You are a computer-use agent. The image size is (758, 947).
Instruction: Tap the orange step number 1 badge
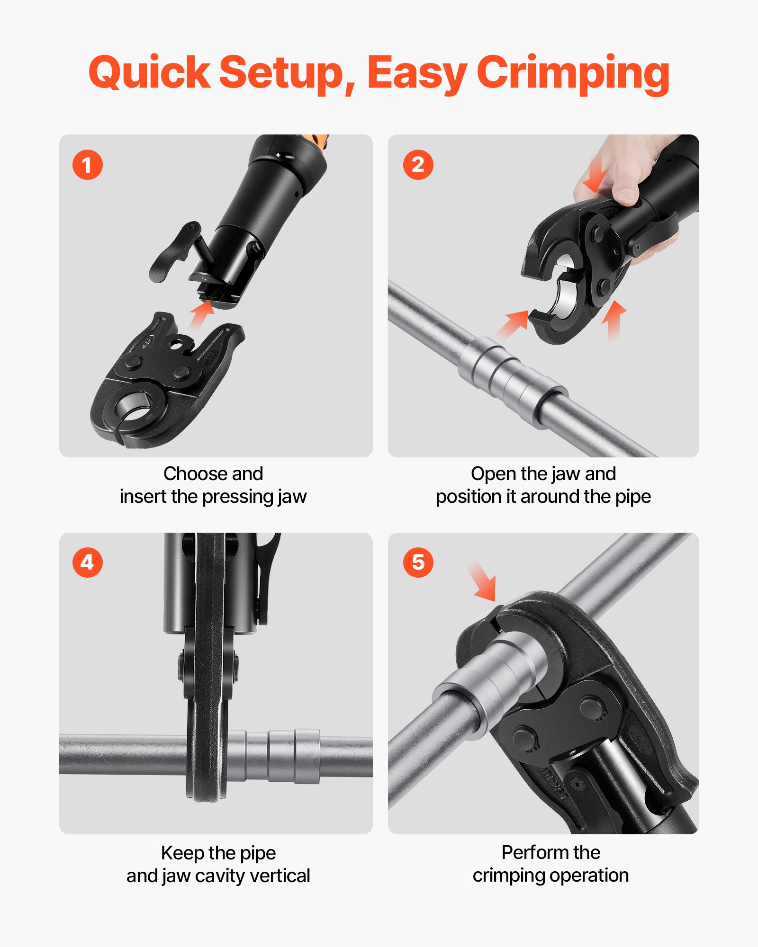point(87,165)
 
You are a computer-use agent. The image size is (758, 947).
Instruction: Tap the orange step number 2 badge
point(418,165)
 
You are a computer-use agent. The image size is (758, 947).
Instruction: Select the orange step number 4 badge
point(87,563)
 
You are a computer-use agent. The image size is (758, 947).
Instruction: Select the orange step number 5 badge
point(418,563)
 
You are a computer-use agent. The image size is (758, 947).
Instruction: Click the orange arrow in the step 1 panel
point(201,314)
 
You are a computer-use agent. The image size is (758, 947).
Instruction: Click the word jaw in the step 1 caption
point(292,497)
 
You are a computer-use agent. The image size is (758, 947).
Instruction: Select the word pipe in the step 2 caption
point(632,497)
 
